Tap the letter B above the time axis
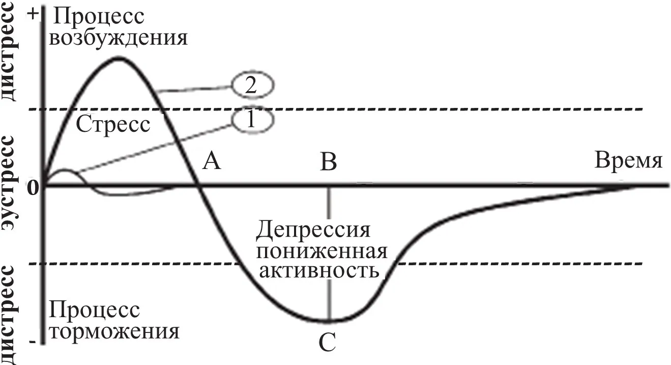click(329, 163)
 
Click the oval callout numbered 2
click(253, 86)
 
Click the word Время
click(629, 162)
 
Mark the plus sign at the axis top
click(34, 14)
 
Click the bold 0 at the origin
click(34, 188)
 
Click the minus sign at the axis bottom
click(33, 343)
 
